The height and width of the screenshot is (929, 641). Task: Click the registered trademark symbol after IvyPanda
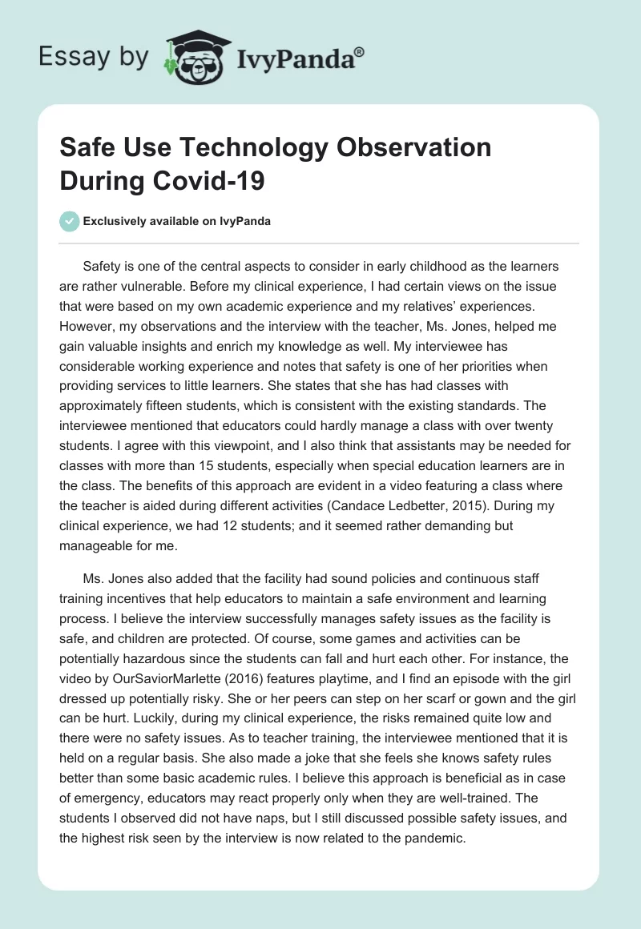(x=359, y=52)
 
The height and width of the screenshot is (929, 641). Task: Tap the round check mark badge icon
(x=69, y=222)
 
